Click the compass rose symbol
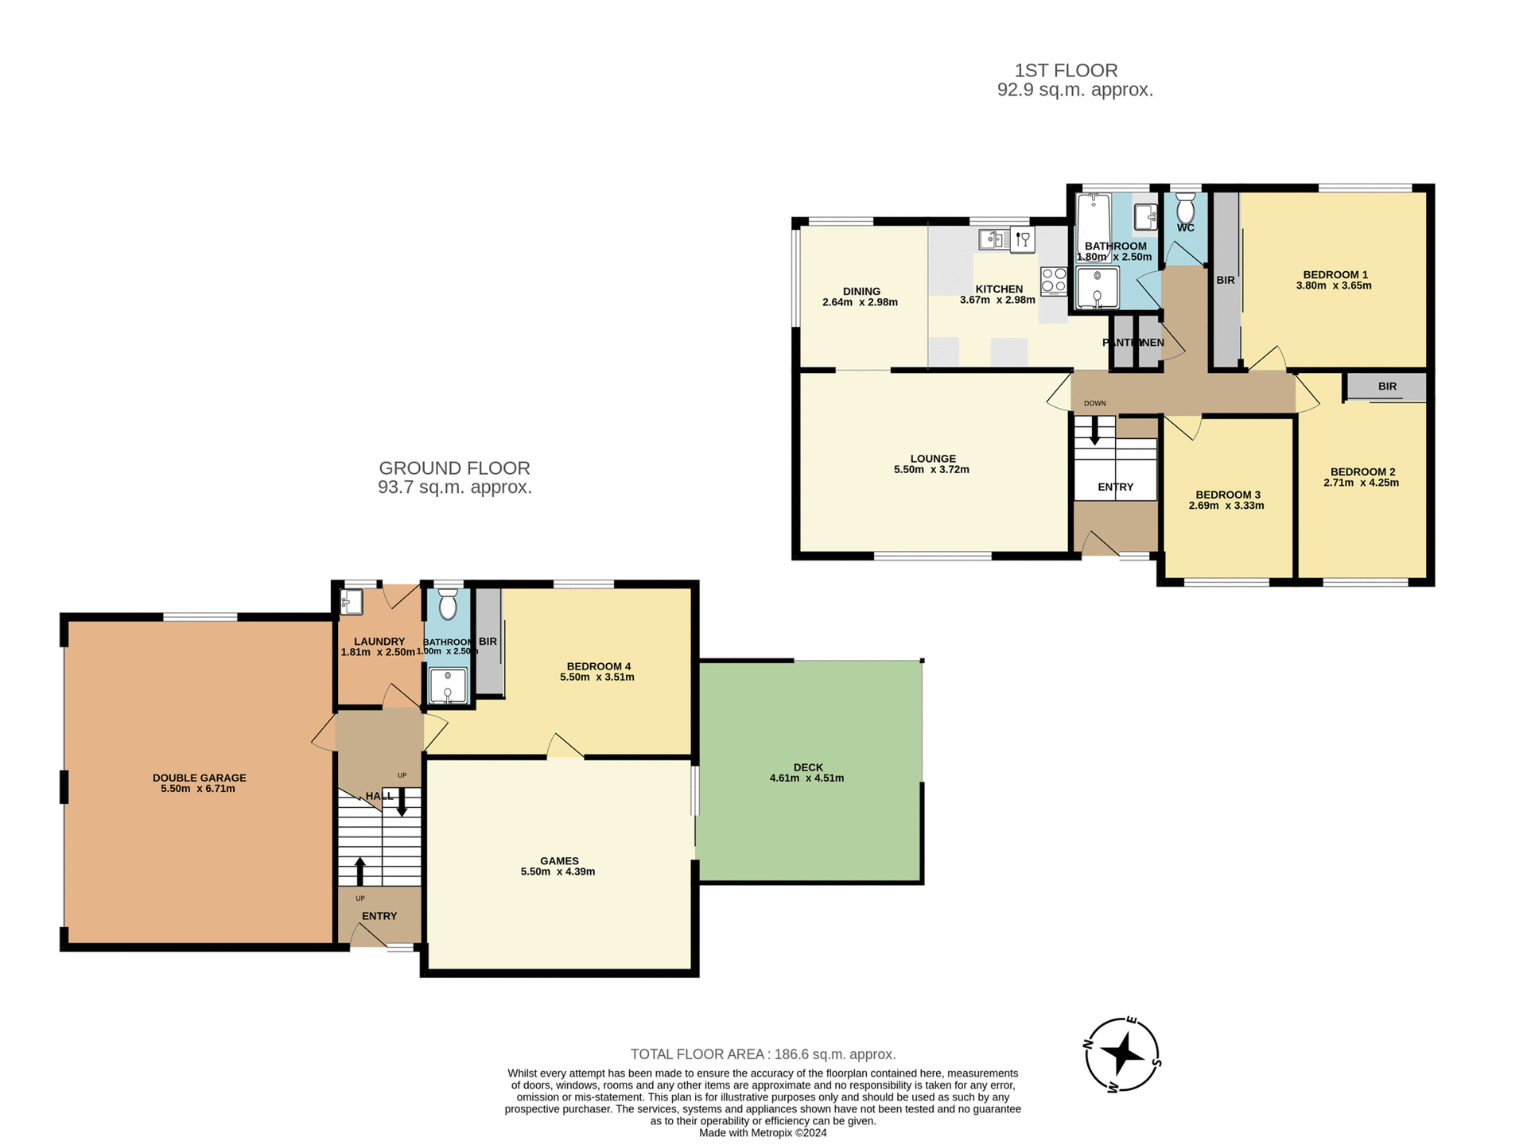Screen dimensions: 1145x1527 1121,1055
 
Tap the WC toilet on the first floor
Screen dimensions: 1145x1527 1185,210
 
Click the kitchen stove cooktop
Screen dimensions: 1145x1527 1054,281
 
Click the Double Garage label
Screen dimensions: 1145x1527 200,778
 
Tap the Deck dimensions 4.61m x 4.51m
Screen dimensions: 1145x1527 806,778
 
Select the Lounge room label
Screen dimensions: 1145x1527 933,459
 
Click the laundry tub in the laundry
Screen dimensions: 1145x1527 352,602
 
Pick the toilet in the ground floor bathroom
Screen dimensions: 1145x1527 448,606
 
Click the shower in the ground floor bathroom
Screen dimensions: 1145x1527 448,685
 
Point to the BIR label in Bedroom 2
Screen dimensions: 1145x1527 1387,386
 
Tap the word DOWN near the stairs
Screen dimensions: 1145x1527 1094,403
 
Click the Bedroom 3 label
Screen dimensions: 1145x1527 1227,495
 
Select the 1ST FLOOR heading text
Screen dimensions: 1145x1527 1066,71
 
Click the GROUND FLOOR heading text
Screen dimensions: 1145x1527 454,468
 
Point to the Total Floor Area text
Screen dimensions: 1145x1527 763,1054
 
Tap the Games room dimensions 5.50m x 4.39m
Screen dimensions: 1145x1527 558,871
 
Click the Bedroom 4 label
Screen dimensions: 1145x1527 598,666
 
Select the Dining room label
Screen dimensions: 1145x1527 861,291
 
